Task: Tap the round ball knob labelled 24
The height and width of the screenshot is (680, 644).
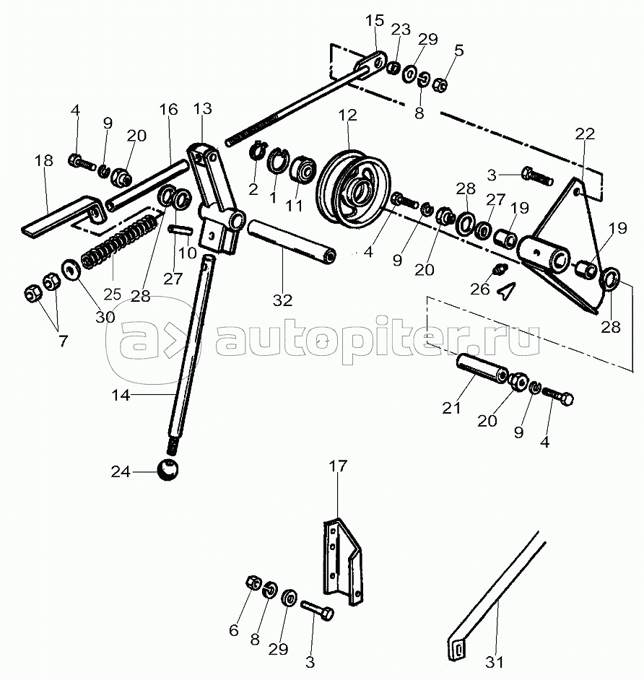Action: (x=167, y=471)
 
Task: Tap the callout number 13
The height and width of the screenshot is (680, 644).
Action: (x=203, y=109)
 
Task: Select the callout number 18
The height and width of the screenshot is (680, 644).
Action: (x=44, y=160)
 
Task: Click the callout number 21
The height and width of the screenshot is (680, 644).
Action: (x=451, y=409)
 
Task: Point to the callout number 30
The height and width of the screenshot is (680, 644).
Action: (x=85, y=317)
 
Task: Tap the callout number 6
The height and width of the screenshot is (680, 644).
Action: (x=233, y=629)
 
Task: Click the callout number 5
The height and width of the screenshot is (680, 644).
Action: (x=459, y=51)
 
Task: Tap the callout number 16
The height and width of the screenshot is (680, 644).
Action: (x=167, y=110)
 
